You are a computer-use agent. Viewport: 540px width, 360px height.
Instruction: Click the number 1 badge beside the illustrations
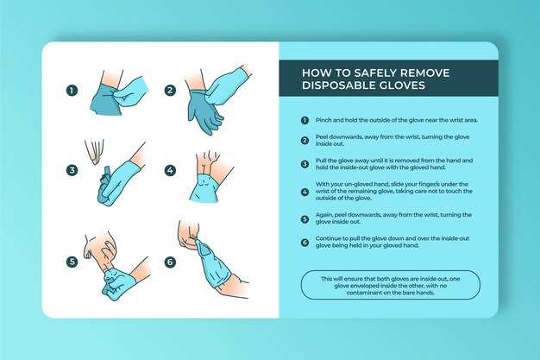[x=72, y=91]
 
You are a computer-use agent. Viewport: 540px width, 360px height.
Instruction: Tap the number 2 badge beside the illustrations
[x=170, y=91]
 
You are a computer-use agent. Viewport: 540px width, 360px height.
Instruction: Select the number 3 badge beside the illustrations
[x=72, y=170]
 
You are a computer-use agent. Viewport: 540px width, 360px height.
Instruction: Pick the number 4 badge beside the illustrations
[x=170, y=170]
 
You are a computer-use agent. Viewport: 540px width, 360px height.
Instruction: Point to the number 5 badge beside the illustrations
[x=72, y=262]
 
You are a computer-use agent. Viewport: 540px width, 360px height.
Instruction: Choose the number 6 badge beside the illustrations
[x=170, y=262]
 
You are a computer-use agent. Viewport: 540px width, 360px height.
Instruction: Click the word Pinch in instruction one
[x=323, y=120]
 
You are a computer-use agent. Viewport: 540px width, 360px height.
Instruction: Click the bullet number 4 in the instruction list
[x=305, y=192]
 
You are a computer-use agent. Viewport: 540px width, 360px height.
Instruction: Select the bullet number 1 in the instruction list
[x=305, y=120]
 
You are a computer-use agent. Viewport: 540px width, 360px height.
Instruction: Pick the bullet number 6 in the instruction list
[x=305, y=243]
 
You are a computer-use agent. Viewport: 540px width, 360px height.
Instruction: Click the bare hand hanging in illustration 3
[x=94, y=151]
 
